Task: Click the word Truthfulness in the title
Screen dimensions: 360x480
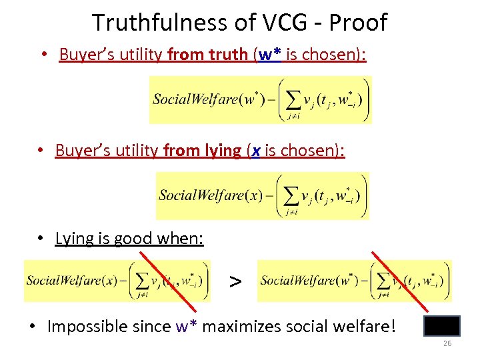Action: [158, 23]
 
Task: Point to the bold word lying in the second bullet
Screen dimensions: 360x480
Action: [222, 151]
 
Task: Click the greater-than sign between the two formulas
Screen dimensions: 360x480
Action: [235, 281]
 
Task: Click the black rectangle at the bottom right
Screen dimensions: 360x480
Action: [441, 325]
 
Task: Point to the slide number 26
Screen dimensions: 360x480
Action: [447, 343]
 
